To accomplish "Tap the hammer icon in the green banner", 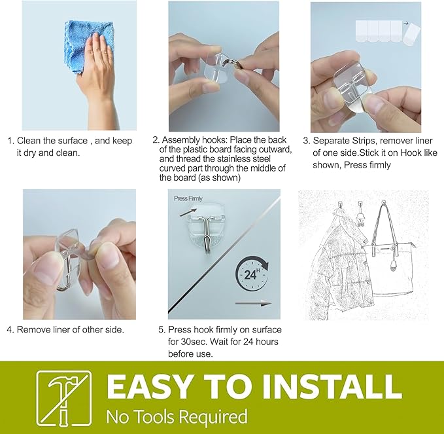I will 63,397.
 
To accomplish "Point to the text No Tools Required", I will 177,416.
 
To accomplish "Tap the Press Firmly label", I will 188,198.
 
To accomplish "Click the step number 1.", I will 10,141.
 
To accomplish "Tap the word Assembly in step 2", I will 181,140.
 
